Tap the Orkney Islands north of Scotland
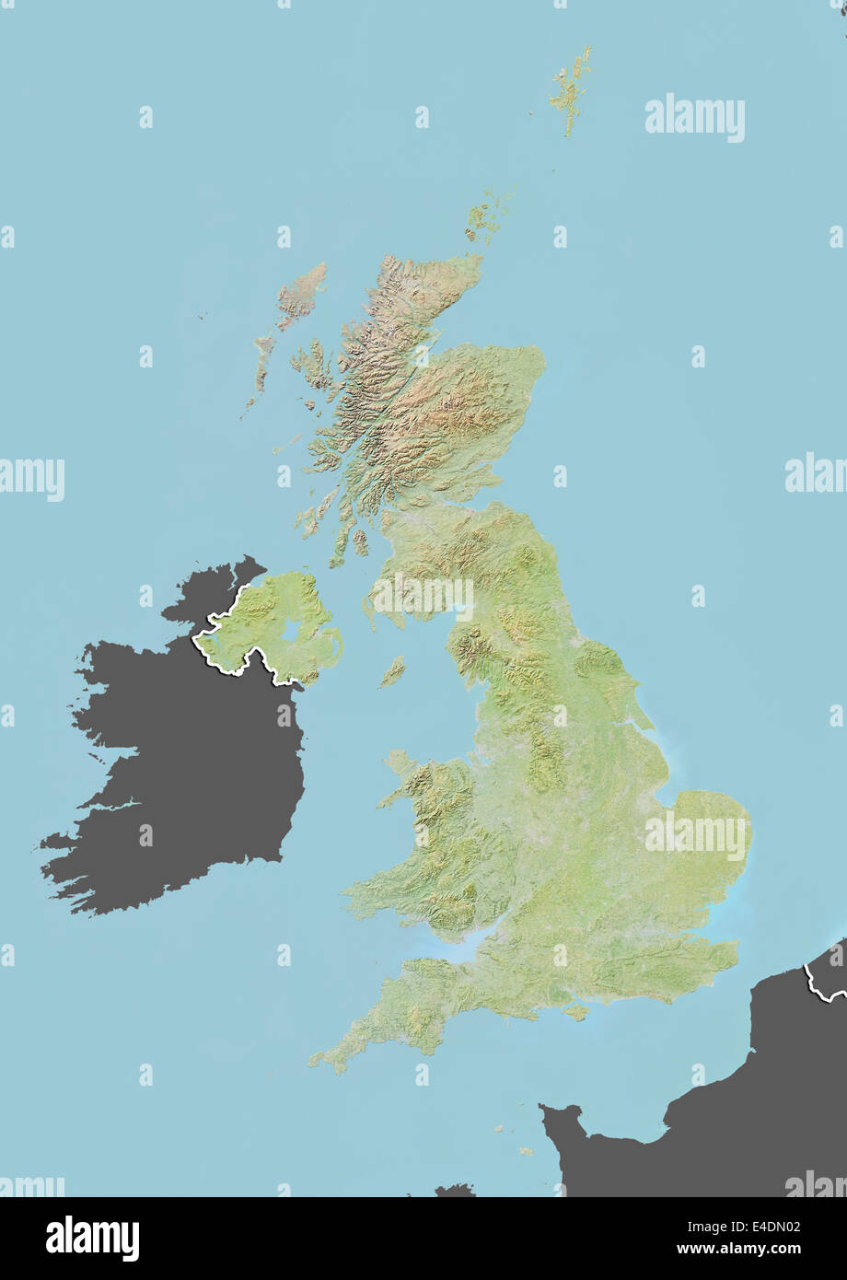(x=484, y=217)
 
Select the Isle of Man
(x=393, y=671)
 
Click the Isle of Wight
(x=576, y=1012)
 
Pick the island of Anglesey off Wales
(x=399, y=762)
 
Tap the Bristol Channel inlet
(x=451, y=948)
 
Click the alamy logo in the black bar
(x=92, y=1239)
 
